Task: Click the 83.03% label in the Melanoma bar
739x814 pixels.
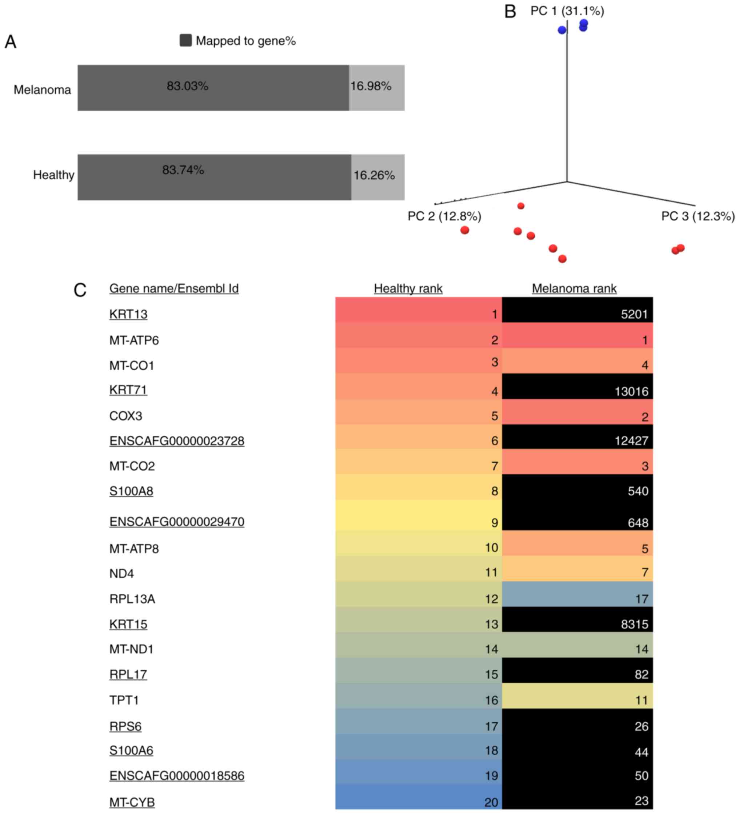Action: (x=187, y=86)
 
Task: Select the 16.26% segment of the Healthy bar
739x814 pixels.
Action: (x=378, y=177)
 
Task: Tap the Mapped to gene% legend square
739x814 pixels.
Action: (x=185, y=40)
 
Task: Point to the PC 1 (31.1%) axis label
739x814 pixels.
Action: (x=567, y=11)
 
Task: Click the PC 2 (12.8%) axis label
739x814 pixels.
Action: (x=444, y=216)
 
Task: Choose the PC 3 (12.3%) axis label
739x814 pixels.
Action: (x=698, y=216)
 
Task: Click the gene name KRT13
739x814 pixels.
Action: (x=128, y=314)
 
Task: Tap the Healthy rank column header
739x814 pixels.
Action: (x=408, y=288)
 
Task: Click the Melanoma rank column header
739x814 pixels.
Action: (x=574, y=288)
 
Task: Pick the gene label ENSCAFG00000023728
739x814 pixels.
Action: (x=176, y=440)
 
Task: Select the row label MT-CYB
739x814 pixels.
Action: (x=132, y=802)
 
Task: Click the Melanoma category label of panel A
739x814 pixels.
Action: (x=42, y=89)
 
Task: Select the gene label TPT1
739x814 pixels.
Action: (x=124, y=700)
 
